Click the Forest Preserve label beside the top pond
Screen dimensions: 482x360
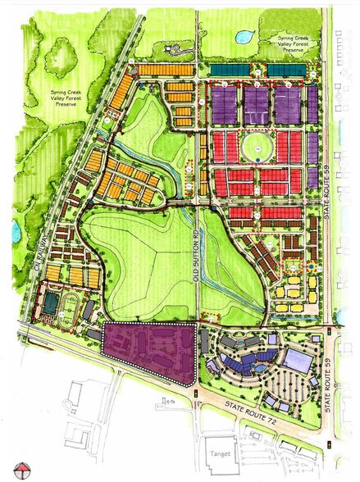click(281, 44)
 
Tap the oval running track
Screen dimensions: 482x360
click(69, 310)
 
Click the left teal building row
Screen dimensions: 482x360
click(231, 71)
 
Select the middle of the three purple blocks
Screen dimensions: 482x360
click(256, 105)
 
